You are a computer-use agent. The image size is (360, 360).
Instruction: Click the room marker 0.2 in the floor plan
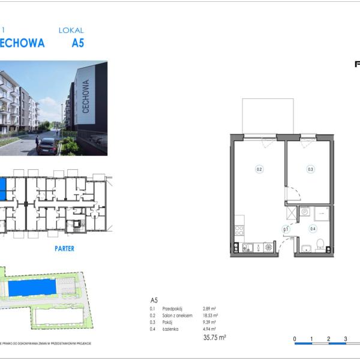point(259,169)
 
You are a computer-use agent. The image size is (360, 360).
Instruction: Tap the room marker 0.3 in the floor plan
point(310,169)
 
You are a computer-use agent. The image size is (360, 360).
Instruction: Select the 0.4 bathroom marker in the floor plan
point(313,228)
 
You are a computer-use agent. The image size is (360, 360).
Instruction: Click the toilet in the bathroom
point(320,244)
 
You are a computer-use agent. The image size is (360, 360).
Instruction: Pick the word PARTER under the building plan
point(64,248)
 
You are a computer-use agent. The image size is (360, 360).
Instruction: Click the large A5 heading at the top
point(78,43)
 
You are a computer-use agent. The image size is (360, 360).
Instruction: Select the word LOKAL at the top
point(71,30)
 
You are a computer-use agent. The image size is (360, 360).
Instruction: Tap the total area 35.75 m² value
point(214,338)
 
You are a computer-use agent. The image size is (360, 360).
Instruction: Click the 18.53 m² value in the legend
point(211,315)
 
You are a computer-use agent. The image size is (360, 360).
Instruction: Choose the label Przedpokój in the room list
point(173,308)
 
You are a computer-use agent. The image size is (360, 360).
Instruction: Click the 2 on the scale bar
point(329,339)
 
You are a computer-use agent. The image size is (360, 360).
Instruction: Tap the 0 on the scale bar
point(295,339)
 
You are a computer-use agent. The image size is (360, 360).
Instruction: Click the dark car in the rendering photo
point(47,146)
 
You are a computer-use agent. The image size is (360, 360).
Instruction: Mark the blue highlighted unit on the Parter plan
point(2,189)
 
